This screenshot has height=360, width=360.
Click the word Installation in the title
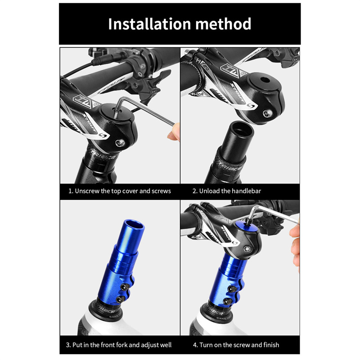click(149, 24)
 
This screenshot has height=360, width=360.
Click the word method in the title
click(223, 24)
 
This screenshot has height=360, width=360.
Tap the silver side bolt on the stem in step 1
click(120, 143)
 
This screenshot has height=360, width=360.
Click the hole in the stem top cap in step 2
click(265, 81)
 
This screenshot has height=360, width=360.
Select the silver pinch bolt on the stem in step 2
click(267, 113)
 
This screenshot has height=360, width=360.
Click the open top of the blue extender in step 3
click(134, 225)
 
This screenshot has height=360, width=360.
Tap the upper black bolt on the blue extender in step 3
click(125, 287)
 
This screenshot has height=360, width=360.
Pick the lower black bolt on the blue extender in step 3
click(121, 299)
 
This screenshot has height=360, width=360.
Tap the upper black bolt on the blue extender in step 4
click(231, 289)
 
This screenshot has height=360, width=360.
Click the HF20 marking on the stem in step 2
click(202, 64)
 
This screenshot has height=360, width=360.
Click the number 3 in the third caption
click(68, 345)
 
